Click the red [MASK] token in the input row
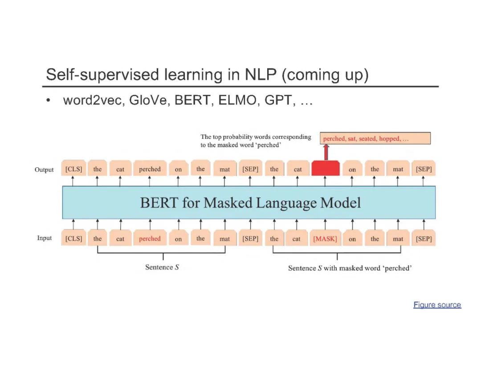[325, 239]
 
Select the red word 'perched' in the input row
[150, 239]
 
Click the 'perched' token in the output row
[150, 169]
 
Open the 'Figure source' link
[437, 305]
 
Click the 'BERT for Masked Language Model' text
[250, 203]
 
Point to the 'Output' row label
[44, 169]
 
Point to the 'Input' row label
[45, 238]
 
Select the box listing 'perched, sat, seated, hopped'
[375, 139]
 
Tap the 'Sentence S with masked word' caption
[350, 268]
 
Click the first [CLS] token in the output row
[74, 169]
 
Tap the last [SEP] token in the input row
[424, 239]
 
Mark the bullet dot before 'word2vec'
[48, 101]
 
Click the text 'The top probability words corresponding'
[256, 137]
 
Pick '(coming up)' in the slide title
[325, 75]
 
